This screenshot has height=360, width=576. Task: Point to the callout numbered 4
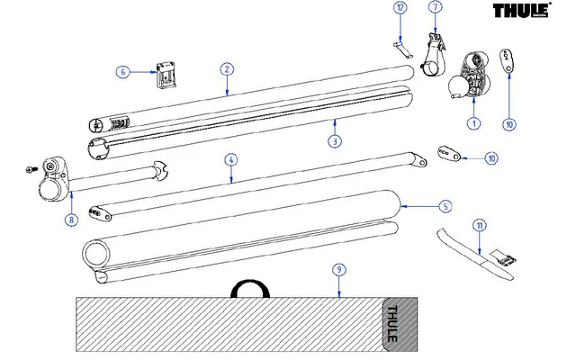pos(231,160)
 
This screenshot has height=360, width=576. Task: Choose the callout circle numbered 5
pos(445,206)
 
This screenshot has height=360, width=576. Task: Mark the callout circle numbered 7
pos(436,7)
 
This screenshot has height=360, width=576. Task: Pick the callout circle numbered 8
pos(70,218)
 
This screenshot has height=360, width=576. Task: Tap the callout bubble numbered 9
pos(338,269)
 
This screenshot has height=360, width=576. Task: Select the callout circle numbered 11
pos(480,225)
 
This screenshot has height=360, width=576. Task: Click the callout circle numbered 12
pos(400,7)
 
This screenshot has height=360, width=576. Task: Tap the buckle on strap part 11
pos(506,259)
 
